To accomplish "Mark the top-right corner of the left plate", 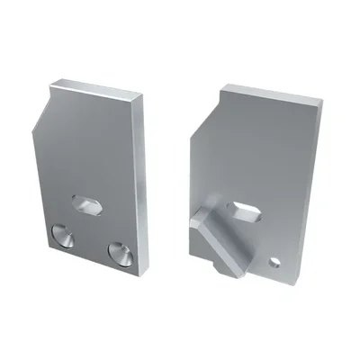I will point(144,96).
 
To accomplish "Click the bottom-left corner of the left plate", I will point(43,241).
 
